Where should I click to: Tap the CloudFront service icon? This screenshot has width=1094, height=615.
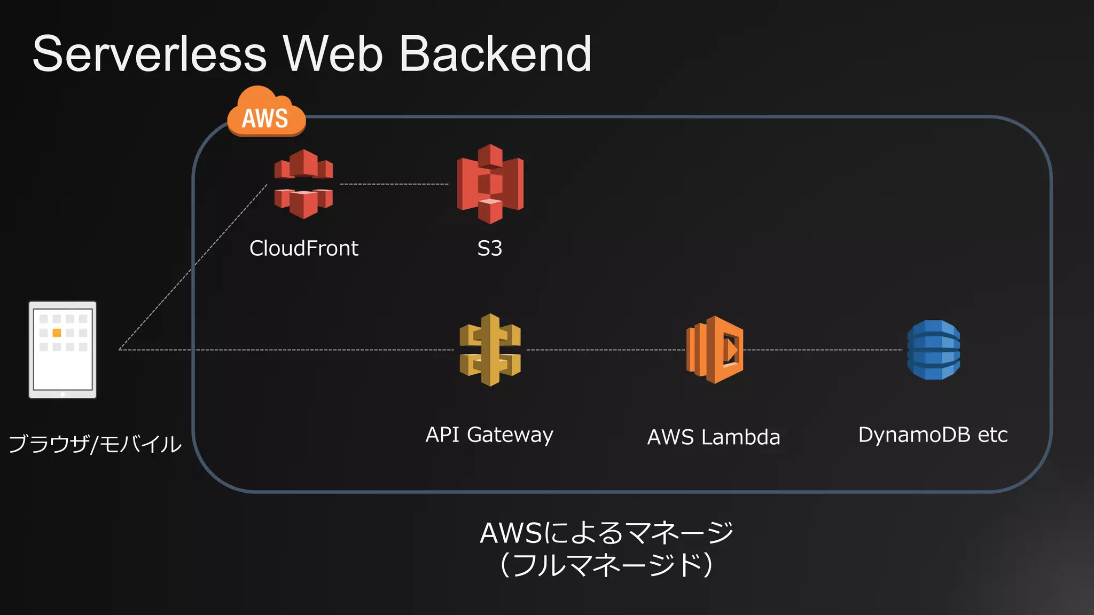coord(303,184)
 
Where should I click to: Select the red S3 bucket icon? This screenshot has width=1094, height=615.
coord(490,184)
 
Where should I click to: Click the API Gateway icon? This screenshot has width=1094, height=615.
coord(490,350)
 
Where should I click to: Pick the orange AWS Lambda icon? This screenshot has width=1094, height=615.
coord(715,350)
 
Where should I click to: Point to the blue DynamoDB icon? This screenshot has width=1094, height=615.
coord(933,350)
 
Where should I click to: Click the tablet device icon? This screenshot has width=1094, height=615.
coord(62,350)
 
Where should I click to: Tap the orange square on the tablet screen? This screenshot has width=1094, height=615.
coord(57,333)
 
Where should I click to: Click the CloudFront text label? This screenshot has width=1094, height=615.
coord(303,248)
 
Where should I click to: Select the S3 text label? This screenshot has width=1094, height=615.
coord(490,248)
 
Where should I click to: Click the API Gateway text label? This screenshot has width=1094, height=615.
coord(489,435)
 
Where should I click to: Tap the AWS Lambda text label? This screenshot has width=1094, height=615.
coord(714,437)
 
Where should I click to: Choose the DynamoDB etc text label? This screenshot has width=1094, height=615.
coord(933,435)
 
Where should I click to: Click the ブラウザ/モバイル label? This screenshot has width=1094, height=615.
coord(95,444)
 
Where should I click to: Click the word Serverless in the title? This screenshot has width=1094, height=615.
coord(150,54)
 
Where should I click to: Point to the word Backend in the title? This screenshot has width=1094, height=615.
coord(495,54)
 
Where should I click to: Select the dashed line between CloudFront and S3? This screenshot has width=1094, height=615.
coord(394,184)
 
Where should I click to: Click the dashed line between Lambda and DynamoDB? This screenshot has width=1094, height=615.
coord(823,350)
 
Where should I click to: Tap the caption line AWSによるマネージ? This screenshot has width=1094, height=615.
coord(607,533)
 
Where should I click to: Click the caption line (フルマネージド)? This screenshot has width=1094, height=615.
coord(607,565)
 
